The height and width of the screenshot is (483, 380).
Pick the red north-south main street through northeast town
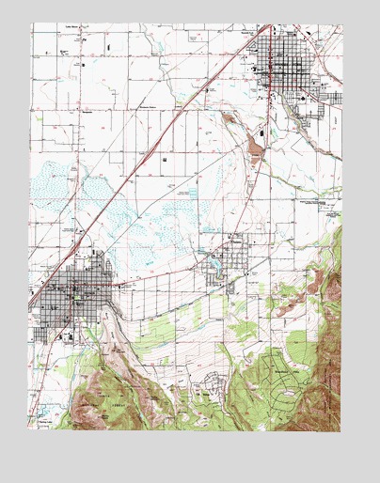(x=274, y=75)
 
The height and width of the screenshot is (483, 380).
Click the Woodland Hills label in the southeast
(x=282, y=371)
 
